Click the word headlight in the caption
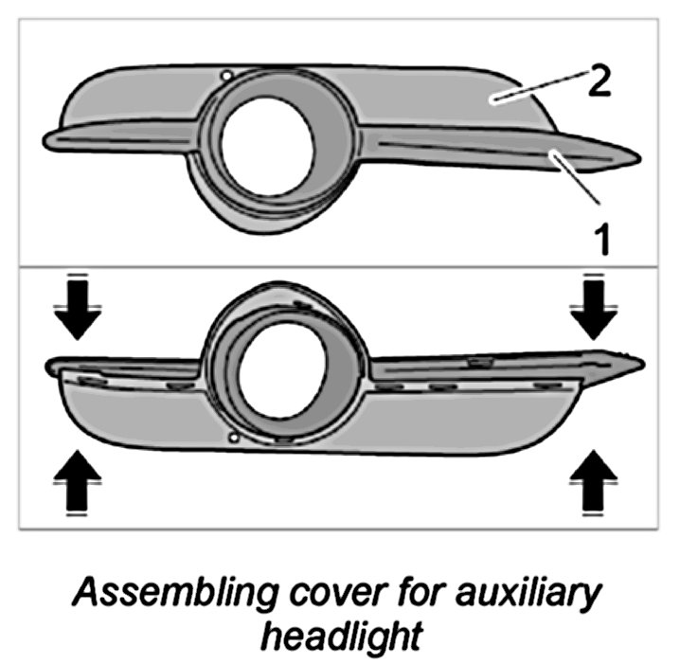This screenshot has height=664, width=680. click(341, 635)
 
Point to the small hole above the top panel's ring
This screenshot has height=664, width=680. click(224, 75)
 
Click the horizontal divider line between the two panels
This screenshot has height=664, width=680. click(339, 266)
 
